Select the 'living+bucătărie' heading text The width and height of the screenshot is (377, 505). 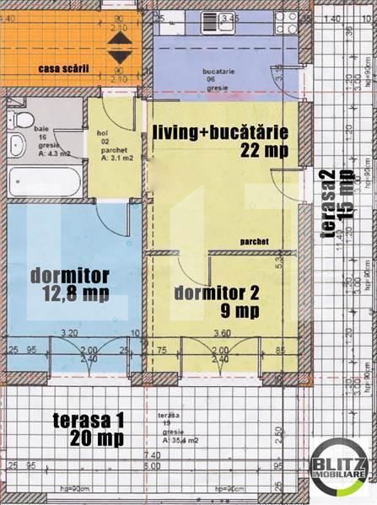(x=221, y=132)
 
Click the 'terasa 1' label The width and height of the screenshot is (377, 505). (x=88, y=420)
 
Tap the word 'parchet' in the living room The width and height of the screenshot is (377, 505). (x=254, y=240)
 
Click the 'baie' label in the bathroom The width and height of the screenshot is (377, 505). (x=40, y=126)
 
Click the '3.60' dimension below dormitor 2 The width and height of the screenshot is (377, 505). (x=223, y=332)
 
